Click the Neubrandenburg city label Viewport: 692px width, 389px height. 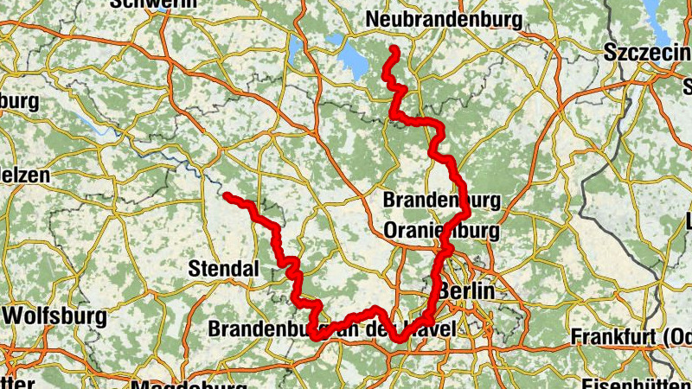coord(444,19)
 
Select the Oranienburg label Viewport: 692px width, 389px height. coord(441,232)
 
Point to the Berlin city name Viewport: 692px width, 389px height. coord(466,291)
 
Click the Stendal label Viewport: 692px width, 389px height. coord(223,270)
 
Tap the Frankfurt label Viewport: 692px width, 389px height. coord(630,335)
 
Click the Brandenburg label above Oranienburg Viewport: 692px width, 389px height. coord(441,201)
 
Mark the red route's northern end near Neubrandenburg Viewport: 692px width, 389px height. coord(394,48)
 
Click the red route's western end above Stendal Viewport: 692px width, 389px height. coord(227,196)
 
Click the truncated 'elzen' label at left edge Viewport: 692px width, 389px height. coord(24,175)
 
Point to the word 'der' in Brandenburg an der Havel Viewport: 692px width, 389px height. coord(387,329)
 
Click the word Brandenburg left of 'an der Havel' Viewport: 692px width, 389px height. coord(264,329)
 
